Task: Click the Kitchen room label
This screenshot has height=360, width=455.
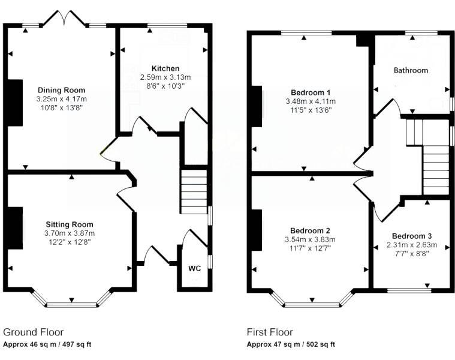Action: [165, 68]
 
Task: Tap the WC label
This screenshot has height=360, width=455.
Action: [194, 268]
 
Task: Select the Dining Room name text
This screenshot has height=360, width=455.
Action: [62, 90]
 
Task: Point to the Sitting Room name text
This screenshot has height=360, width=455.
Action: [70, 224]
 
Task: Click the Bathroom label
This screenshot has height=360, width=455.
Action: [411, 70]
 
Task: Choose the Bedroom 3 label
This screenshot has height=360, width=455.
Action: [412, 236]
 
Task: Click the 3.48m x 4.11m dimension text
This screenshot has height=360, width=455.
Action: [311, 101]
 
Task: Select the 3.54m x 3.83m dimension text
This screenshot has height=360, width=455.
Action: [310, 239]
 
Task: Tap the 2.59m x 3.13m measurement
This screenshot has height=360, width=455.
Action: [165, 77]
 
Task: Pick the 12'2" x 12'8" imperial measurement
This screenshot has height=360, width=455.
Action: [70, 242]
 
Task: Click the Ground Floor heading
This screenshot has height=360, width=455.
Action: [33, 332]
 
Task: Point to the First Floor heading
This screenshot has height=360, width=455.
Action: [270, 332]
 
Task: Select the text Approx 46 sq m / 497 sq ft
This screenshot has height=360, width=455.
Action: [47, 344]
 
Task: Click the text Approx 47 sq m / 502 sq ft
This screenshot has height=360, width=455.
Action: [291, 344]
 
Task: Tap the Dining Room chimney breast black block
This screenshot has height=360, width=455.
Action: [15, 103]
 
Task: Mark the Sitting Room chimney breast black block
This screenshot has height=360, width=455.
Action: [15, 228]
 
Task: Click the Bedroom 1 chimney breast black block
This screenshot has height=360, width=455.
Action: [256, 106]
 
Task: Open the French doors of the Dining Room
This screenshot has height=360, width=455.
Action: [64, 19]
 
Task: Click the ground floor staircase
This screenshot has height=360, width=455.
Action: [194, 192]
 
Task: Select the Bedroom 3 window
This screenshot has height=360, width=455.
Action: [409, 290]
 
